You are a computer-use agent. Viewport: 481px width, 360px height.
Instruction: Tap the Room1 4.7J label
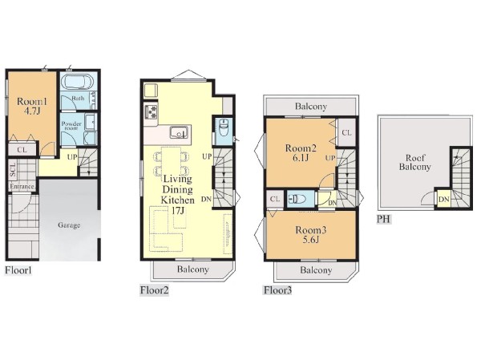coord(32,106)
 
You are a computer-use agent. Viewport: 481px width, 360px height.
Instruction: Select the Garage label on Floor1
coord(69,225)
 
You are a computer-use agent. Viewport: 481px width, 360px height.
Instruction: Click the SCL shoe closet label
coord(13,169)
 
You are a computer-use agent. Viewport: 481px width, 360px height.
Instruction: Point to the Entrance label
coord(22,186)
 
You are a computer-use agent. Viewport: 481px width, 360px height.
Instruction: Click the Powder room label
coord(71,126)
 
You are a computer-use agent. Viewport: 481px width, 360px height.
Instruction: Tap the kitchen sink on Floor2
coord(178,132)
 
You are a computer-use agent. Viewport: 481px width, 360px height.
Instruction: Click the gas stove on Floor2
coord(151,111)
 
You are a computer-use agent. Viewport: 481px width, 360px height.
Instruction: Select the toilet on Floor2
coord(222,127)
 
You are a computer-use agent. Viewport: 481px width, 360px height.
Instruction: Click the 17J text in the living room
coord(178,211)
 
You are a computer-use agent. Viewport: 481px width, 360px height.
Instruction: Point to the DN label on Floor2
coord(207,199)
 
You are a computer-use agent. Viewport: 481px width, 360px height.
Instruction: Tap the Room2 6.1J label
coord(301,153)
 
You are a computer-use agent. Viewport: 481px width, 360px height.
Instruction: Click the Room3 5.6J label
coord(311,234)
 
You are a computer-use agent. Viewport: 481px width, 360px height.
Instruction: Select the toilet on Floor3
coord(297,199)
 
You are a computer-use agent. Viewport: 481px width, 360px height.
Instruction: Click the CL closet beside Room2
coord(346,132)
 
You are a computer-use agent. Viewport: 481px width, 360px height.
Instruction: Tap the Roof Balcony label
coord(414,162)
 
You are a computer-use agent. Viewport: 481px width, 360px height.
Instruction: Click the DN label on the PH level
coord(443,200)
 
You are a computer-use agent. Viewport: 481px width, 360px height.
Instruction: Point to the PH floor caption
coord(383,219)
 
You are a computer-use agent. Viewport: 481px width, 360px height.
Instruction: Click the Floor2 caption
coord(154,290)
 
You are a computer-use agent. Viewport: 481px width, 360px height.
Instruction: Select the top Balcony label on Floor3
coord(311,107)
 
